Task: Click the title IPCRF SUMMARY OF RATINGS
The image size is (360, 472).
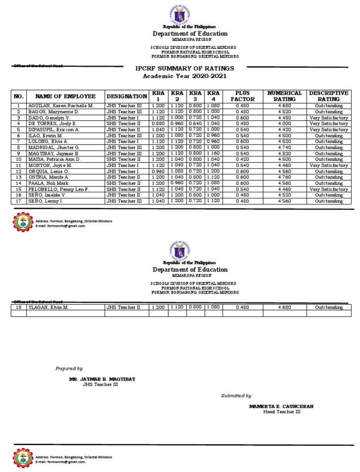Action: click(184, 69)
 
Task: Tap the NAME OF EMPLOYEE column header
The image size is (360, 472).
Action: click(65, 96)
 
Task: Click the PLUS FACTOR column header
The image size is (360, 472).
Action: click(242, 96)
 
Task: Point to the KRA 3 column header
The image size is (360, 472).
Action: click(195, 96)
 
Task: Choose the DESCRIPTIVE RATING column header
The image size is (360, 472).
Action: click(329, 96)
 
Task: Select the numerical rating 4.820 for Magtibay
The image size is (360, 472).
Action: click(285, 153)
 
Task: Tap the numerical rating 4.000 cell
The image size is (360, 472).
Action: click(285, 124)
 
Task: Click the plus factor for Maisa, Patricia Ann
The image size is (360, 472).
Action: click(242, 160)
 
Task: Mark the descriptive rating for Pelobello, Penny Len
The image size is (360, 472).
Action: click(329, 189)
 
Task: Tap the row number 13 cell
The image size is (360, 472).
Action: click(19, 177)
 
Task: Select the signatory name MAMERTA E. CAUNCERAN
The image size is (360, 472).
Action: click(281, 406)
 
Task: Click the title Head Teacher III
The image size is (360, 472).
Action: click(281, 412)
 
